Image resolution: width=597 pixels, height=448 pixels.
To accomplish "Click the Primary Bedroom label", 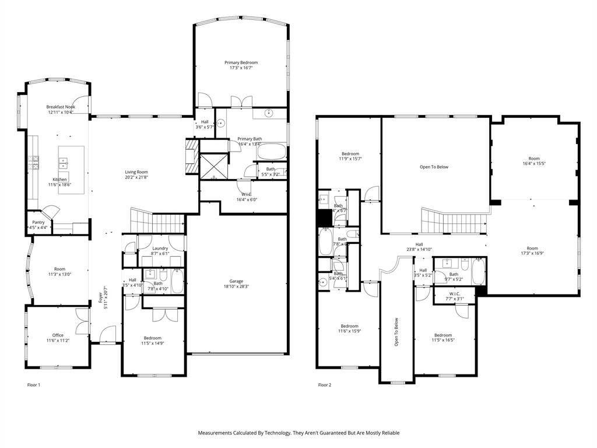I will pos(241,62).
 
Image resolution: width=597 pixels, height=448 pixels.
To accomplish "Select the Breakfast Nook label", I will pos(61,107).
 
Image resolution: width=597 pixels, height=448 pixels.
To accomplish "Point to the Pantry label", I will pos(38,222).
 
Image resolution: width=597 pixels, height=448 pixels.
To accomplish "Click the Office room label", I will pos(58,335).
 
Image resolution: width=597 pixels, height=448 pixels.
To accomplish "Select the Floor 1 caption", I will pos(34,385).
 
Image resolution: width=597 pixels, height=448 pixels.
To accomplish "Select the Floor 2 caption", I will pos(324,385).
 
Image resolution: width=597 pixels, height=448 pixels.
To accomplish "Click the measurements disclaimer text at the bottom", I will pos(298,433).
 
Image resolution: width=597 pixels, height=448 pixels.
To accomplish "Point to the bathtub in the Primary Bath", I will pos(271,153).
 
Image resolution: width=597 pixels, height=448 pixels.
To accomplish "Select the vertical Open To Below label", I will pos(396,332).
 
